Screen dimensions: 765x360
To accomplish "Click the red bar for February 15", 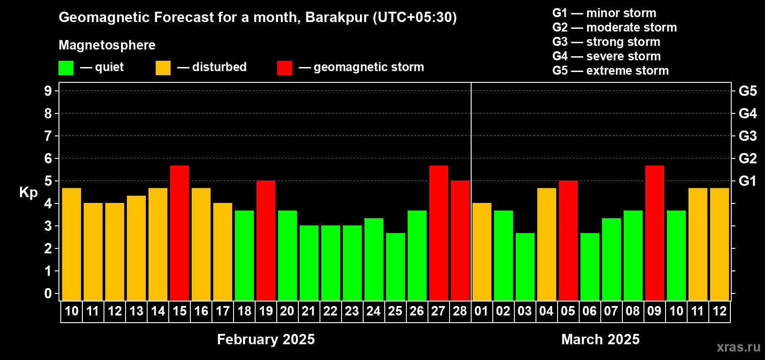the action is [x=180, y=233].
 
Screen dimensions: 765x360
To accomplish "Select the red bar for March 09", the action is [x=655, y=233].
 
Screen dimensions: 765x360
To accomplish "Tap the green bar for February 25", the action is [x=396, y=267].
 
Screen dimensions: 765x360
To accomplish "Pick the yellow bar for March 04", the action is [x=547, y=244].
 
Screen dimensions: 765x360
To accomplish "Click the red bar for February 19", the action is [x=266, y=240].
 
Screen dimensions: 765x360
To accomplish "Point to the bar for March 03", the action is [x=525, y=267].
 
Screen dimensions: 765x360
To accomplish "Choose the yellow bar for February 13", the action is [x=136, y=248].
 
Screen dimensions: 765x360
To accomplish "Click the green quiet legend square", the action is [x=66, y=67].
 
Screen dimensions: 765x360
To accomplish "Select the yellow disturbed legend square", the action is [x=163, y=67].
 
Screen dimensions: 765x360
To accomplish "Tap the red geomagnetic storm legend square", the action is [x=284, y=67].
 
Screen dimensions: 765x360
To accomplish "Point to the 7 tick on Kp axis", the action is [x=48, y=136].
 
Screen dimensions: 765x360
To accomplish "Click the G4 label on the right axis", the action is [x=747, y=113].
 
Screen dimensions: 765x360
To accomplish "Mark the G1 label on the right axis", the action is [x=747, y=181].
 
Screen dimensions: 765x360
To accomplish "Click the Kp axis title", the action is [x=28, y=192].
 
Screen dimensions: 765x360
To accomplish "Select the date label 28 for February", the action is [x=460, y=311].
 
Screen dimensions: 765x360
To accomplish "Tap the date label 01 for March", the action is [x=481, y=311].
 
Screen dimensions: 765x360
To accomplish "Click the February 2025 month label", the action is [x=266, y=339].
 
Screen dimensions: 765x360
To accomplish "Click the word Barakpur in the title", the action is [x=337, y=18].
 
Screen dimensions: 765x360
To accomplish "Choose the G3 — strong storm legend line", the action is [x=606, y=42].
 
